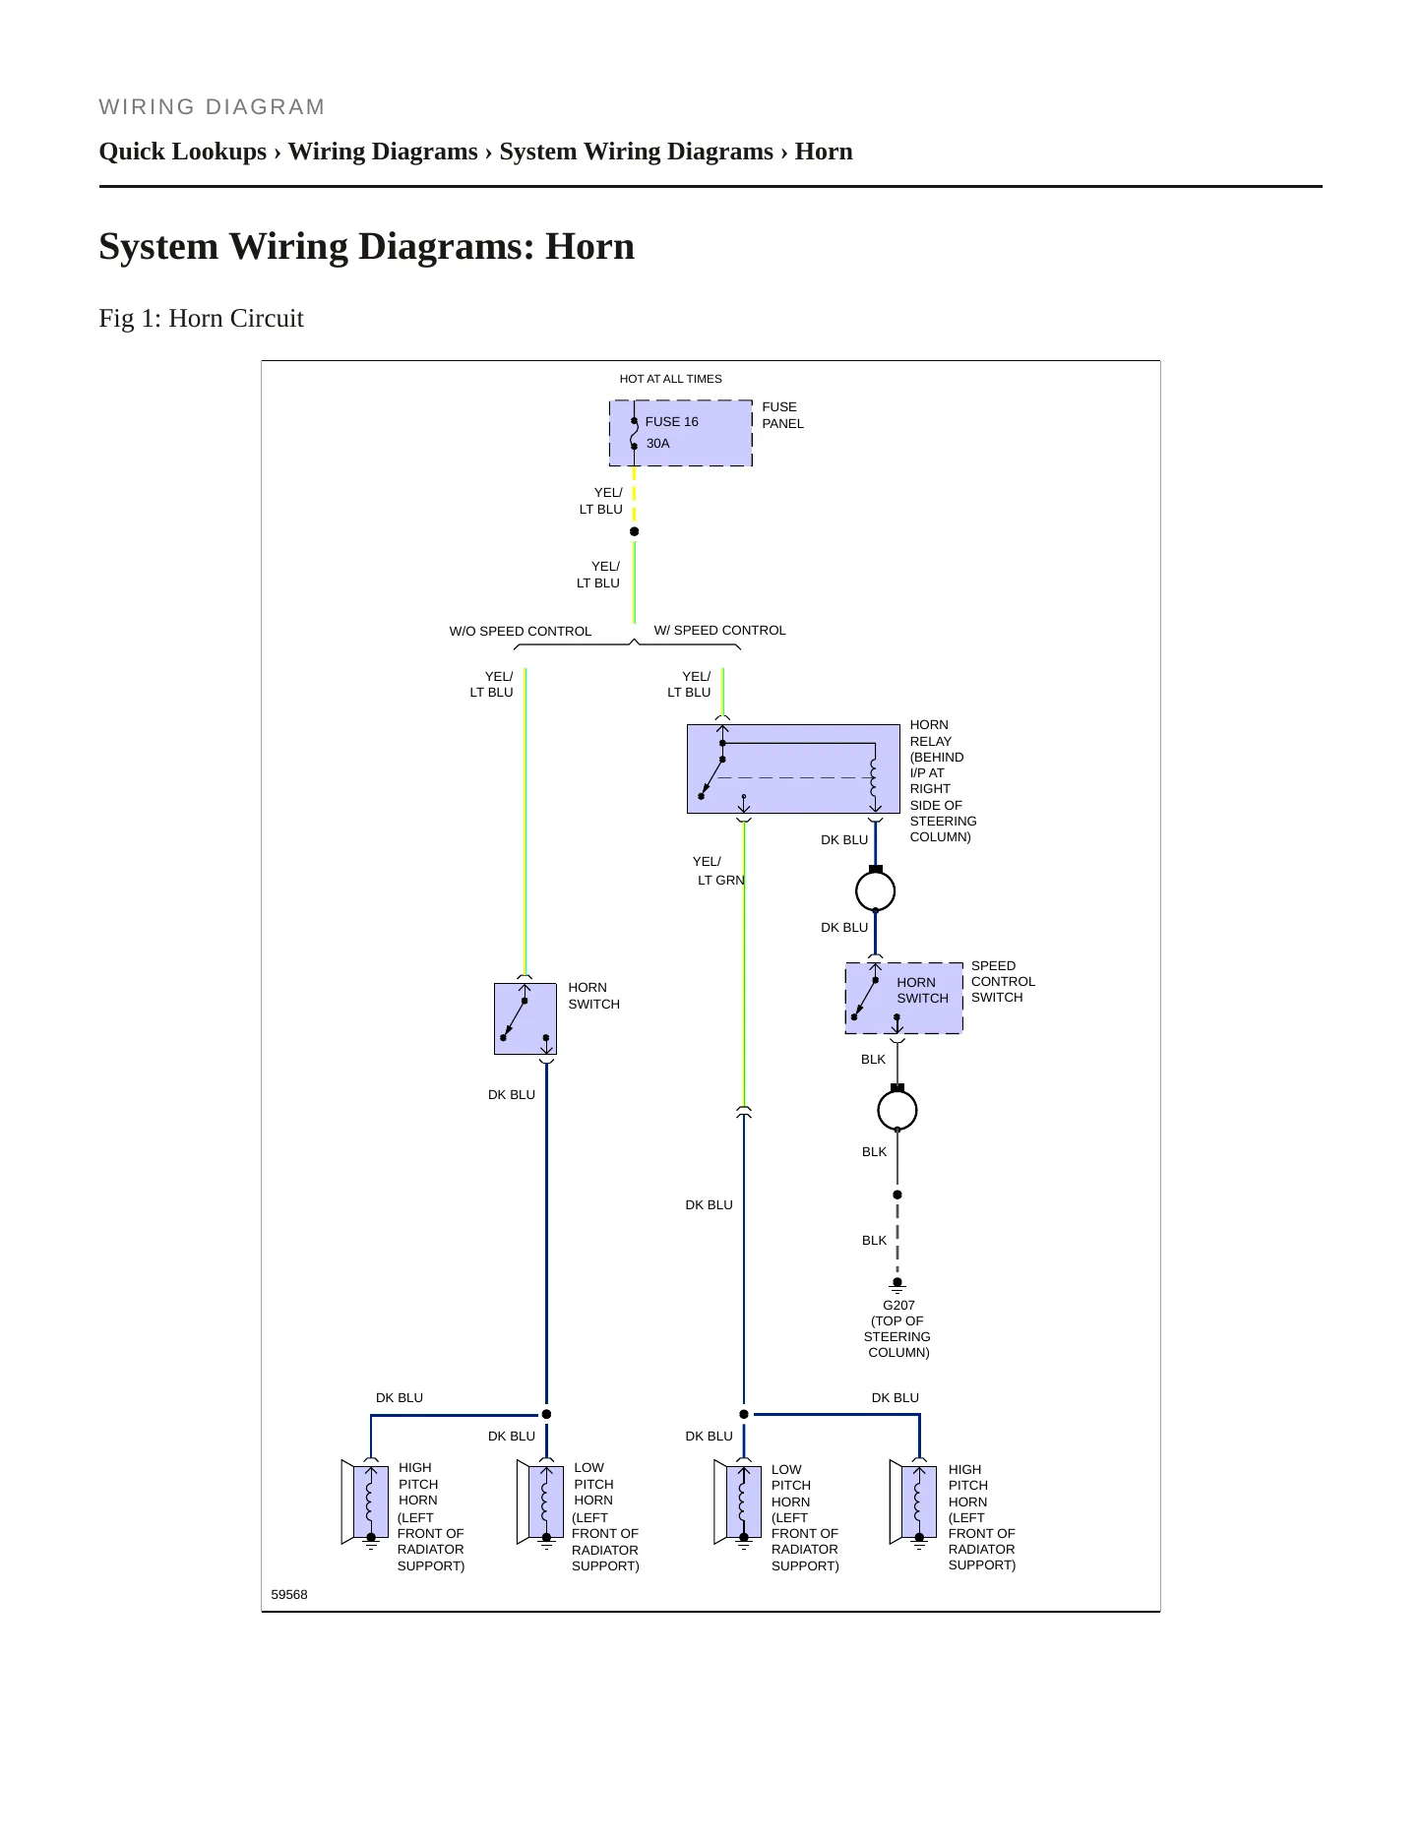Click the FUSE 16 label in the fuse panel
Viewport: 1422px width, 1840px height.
point(671,422)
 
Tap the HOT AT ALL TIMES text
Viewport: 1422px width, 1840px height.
point(670,379)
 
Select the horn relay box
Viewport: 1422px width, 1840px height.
point(793,768)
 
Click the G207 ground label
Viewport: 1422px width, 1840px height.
point(898,1306)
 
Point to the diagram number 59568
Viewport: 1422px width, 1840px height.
point(289,1594)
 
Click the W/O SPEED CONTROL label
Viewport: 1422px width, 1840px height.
point(521,632)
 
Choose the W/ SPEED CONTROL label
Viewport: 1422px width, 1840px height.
point(720,631)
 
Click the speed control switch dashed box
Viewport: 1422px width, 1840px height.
point(903,998)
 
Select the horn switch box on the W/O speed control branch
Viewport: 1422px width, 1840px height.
point(526,1018)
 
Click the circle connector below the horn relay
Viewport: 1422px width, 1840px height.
point(876,891)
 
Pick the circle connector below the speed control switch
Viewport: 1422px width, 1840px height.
point(897,1110)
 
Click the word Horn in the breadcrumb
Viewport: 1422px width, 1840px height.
point(824,152)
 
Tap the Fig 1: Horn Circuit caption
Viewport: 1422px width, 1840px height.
point(201,318)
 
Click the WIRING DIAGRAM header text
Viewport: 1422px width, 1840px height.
point(212,107)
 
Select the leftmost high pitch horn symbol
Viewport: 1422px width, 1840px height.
point(364,1503)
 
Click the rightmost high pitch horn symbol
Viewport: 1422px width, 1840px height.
point(913,1503)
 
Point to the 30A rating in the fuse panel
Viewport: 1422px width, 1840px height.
point(657,444)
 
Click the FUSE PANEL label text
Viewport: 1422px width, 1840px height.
point(782,415)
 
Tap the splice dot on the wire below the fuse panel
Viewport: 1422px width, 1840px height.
point(634,531)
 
